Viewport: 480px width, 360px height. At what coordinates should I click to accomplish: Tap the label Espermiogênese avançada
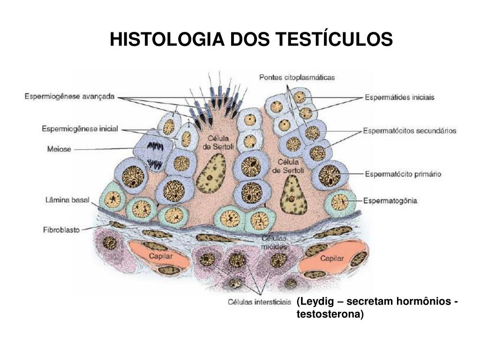[x=69, y=97]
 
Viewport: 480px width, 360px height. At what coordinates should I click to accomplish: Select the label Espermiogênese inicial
[x=80, y=128]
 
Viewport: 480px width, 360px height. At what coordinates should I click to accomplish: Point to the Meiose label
[x=59, y=149]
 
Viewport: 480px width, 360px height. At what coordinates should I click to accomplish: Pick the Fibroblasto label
[x=61, y=230]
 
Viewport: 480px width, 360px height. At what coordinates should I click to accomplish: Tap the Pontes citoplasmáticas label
[x=297, y=78]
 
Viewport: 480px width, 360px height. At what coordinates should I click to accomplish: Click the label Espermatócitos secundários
[x=409, y=131]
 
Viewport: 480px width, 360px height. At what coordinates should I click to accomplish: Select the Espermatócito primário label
[x=403, y=174]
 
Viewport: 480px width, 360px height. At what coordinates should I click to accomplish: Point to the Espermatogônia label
[x=390, y=201]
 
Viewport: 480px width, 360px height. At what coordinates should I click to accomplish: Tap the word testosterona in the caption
[x=330, y=314]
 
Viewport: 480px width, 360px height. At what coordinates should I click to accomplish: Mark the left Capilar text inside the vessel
[x=161, y=256]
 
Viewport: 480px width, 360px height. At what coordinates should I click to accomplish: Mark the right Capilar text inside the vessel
[x=332, y=258]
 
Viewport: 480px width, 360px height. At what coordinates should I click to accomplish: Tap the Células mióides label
[x=276, y=242]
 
